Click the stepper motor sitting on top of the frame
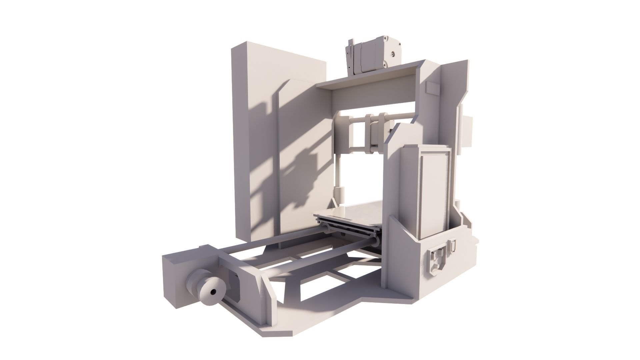tap(373, 55)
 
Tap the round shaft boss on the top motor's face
tap(394, 53)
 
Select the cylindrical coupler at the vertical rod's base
tap(339, 193)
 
